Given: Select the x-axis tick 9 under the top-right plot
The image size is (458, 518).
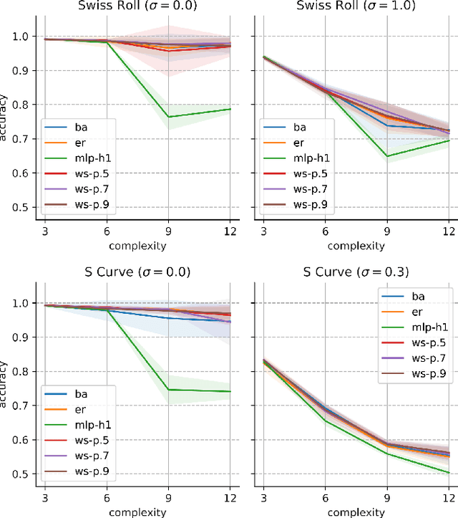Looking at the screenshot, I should (386, 231).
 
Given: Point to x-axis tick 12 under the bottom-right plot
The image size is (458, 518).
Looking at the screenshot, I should (449, 497).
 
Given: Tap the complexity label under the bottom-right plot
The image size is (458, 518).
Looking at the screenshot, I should (355, 512).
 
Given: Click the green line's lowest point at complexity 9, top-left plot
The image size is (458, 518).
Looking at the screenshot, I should (168, 117).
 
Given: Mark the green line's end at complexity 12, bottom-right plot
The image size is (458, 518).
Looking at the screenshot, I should (449, 473).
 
